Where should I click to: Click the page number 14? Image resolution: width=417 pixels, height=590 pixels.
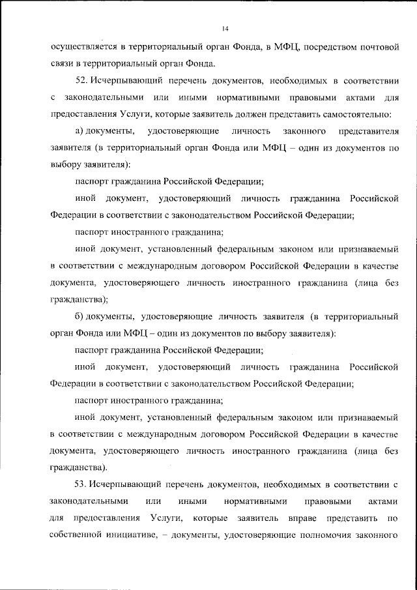[x=225, y=29]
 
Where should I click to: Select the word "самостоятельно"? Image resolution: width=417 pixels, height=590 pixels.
[x=354, y=114]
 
